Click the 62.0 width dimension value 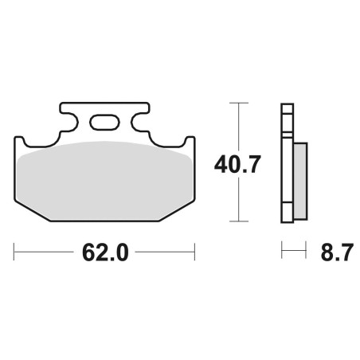pyautogui.click(x=105, y=252)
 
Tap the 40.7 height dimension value pyautogui.click(x=237, y=165)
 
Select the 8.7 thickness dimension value pyautogui.click(x=337, y=252)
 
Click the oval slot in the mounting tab pyautogui.click(x=104, y=123)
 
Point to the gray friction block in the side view pyautogui.click(x=300, y=182)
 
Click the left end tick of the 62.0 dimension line pyautogui.click(x=14, y=252)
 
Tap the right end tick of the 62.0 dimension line pyautogui.click(x=195, y=252)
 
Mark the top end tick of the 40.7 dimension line pyautogui.click(x=239, y=103)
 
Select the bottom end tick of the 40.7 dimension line pyautogui.click(x=239, y=221)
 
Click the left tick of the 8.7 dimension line pyautogui.click(x=282, y=250)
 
